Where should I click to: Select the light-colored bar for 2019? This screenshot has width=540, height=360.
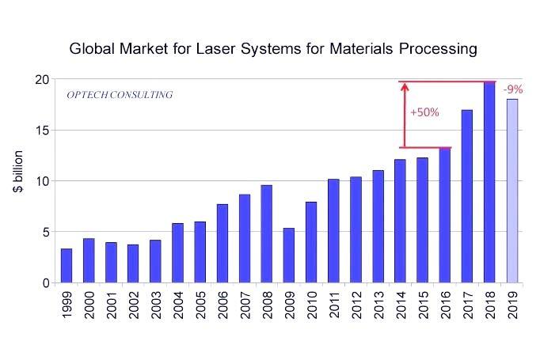pyautogui.click(x=512, y=191)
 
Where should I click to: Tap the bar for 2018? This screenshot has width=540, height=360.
pyautogui.click(x=490, y=182)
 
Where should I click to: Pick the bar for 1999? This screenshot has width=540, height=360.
pyautogui.click(x=67, y=266)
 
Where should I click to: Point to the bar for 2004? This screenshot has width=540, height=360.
pyautogui.click(x=178, y=253)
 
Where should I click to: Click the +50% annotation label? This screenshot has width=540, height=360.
pyautogui.click(x=424, y=112)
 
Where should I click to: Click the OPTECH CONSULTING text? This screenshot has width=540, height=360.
pyautogui.click(x=120, y=96)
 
